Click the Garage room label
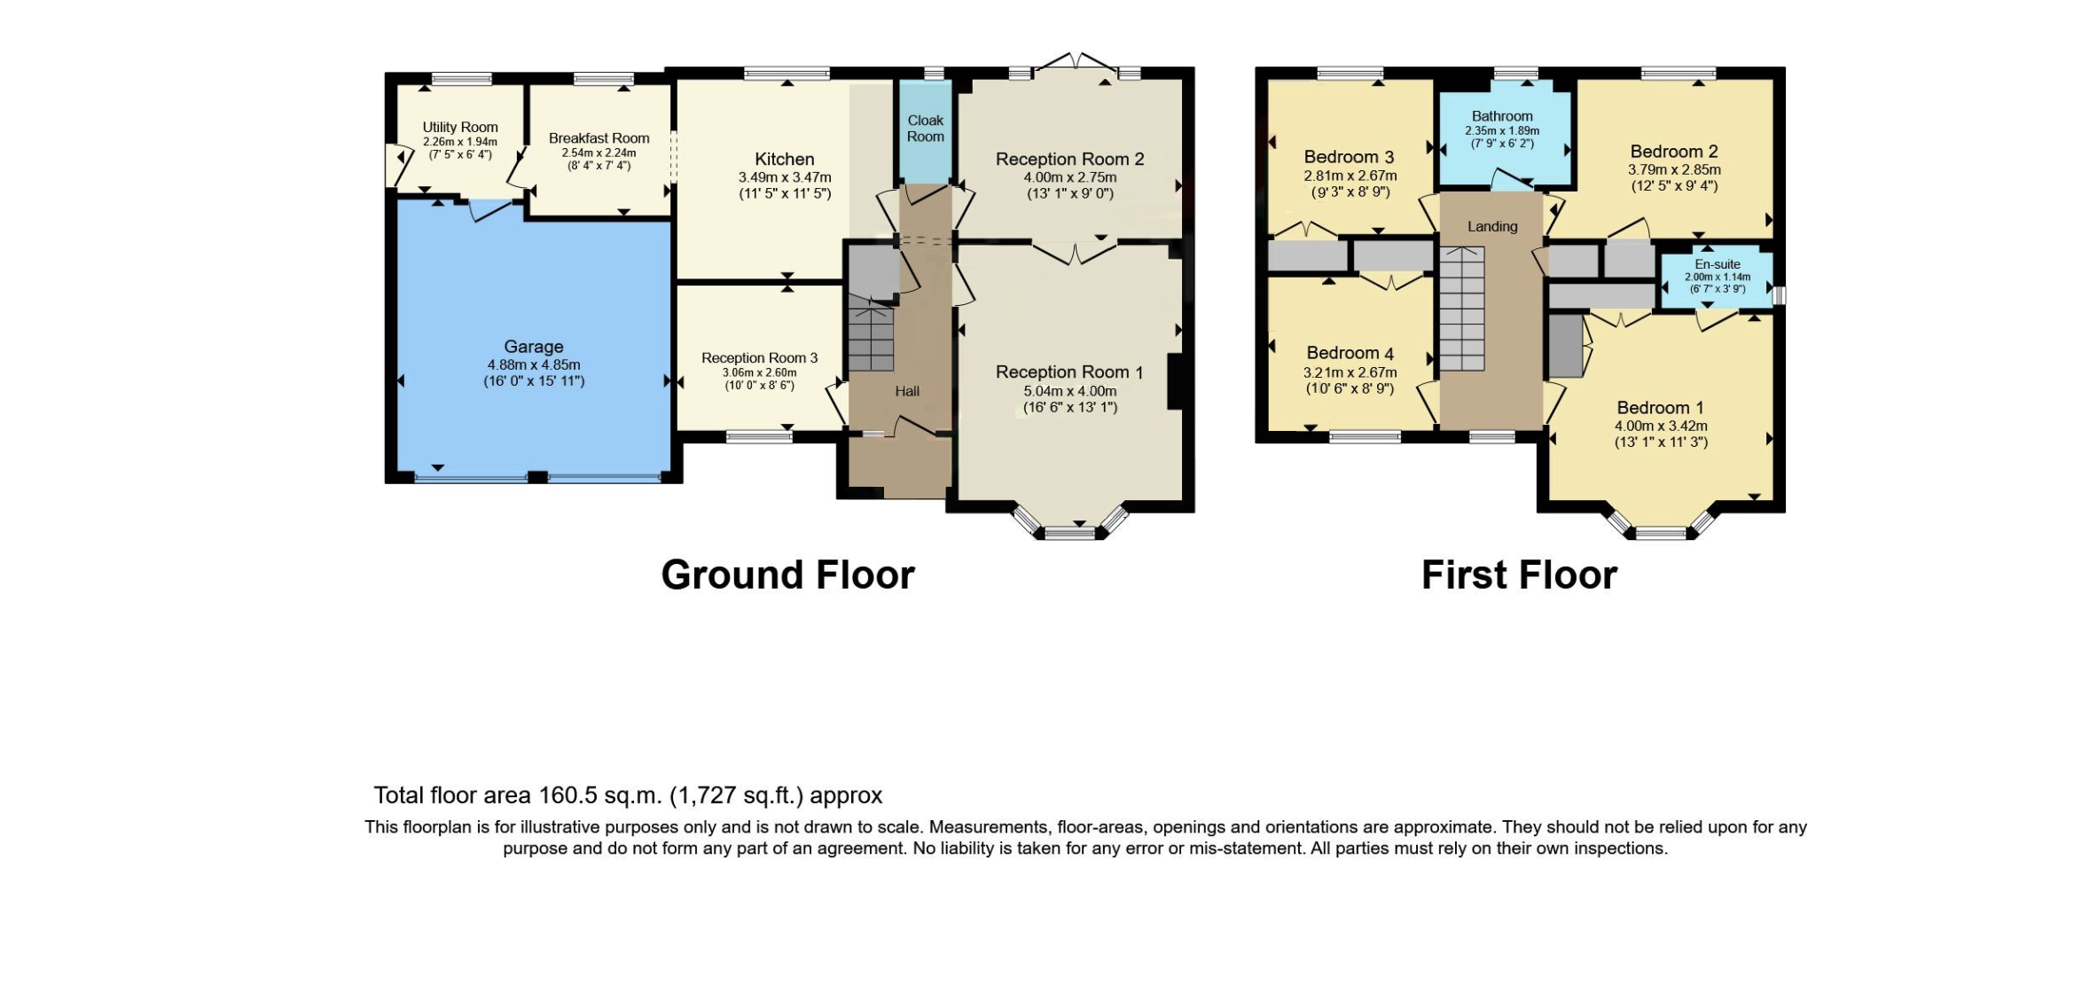click(x=533, y=347)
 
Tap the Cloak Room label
click(x=925, y=129)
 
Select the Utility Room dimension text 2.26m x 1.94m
click(x=459, y=142)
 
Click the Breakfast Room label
click(x=599, y=138)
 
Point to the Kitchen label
click(x=784, y=160)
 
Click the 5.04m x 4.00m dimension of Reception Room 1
click(x=1069, y=391)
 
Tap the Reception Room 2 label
click(x=1069, y=160)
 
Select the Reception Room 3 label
click(x=759, y=358)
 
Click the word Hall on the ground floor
click(x=906, y=391)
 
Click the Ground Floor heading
click(x=787, y=575)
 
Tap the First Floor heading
click(x=1519, y=575)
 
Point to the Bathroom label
click(x=1501, y=116)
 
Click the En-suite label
click(x=1717, y=264)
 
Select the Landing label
click(x=1491, y=227)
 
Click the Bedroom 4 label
click(x=1350, y=353)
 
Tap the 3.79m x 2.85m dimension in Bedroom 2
click(x=1673, y=169)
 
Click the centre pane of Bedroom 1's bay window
click(x=1660, y=532)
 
